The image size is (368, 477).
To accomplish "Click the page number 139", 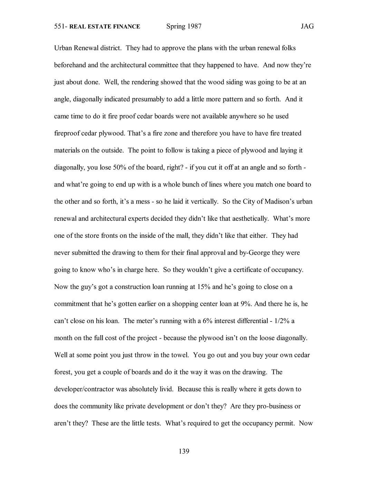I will coord(184,451).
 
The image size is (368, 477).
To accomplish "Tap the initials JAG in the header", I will coord(307,26).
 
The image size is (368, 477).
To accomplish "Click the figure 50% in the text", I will coord(119,167).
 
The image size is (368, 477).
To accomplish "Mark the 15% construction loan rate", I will coord(204,287).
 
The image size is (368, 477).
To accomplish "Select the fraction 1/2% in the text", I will coord(281,321).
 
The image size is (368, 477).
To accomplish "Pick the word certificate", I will coord(247,270).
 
